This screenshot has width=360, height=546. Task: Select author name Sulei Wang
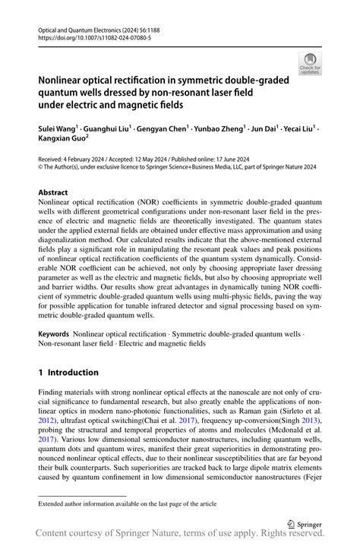(62, 130)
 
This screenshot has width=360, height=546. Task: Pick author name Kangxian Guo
(66, 140)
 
